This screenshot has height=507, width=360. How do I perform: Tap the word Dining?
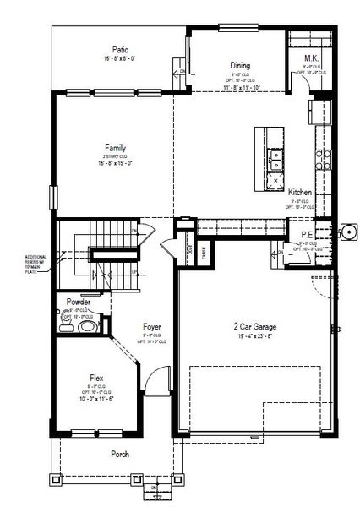(x=241, y=64)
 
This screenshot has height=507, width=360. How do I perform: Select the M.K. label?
(x=310, y=58)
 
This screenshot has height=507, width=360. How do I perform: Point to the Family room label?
(x=116, y=147)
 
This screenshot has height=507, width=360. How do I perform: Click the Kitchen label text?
(x=300, y=193)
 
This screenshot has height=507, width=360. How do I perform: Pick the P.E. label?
(x=307, y=236)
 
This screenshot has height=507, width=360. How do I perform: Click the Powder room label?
(x=79, y=302)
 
